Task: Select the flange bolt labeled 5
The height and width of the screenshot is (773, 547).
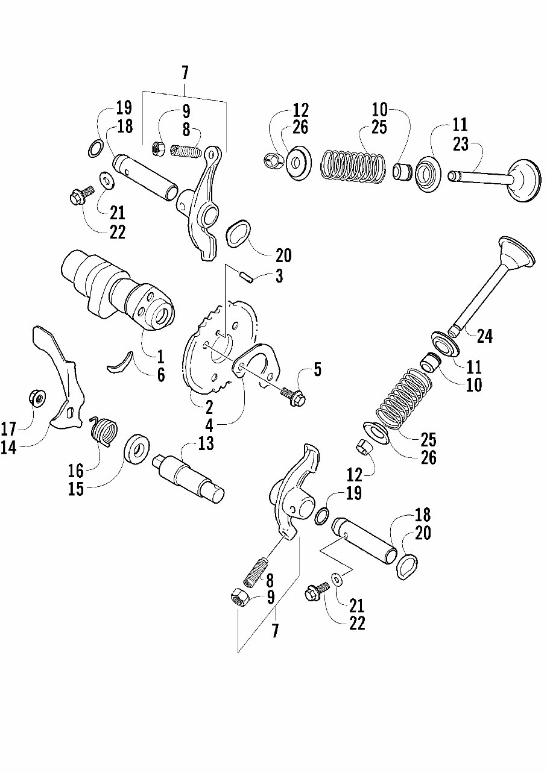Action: click(x=294, y=395)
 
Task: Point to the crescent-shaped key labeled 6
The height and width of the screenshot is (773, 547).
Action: click(x=120, y=362)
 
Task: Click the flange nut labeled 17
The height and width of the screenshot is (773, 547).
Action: click(x=37, y=398)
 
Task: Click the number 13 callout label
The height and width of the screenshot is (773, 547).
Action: click(x=206, y=443)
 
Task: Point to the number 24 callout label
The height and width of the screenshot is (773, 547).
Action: click(x=484, y=336)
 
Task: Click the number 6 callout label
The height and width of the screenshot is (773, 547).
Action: click(x=161, y=374)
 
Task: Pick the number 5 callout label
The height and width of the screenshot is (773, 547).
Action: click(x=317, y=370)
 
